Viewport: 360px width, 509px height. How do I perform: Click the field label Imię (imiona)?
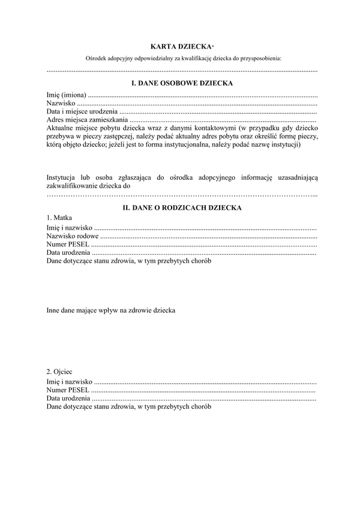[x=67, y=95]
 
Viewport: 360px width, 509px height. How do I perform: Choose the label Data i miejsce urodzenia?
[x=82, y=112]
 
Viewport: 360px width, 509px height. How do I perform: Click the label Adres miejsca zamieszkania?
[x=86, y=120]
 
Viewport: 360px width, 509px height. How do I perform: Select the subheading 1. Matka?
[x=59, y=218]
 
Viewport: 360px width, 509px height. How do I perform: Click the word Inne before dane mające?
[x=53, y=310]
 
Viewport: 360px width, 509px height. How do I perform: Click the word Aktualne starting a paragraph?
[x=61, y=128]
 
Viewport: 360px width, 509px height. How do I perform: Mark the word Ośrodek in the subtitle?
[x=96, y=59]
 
